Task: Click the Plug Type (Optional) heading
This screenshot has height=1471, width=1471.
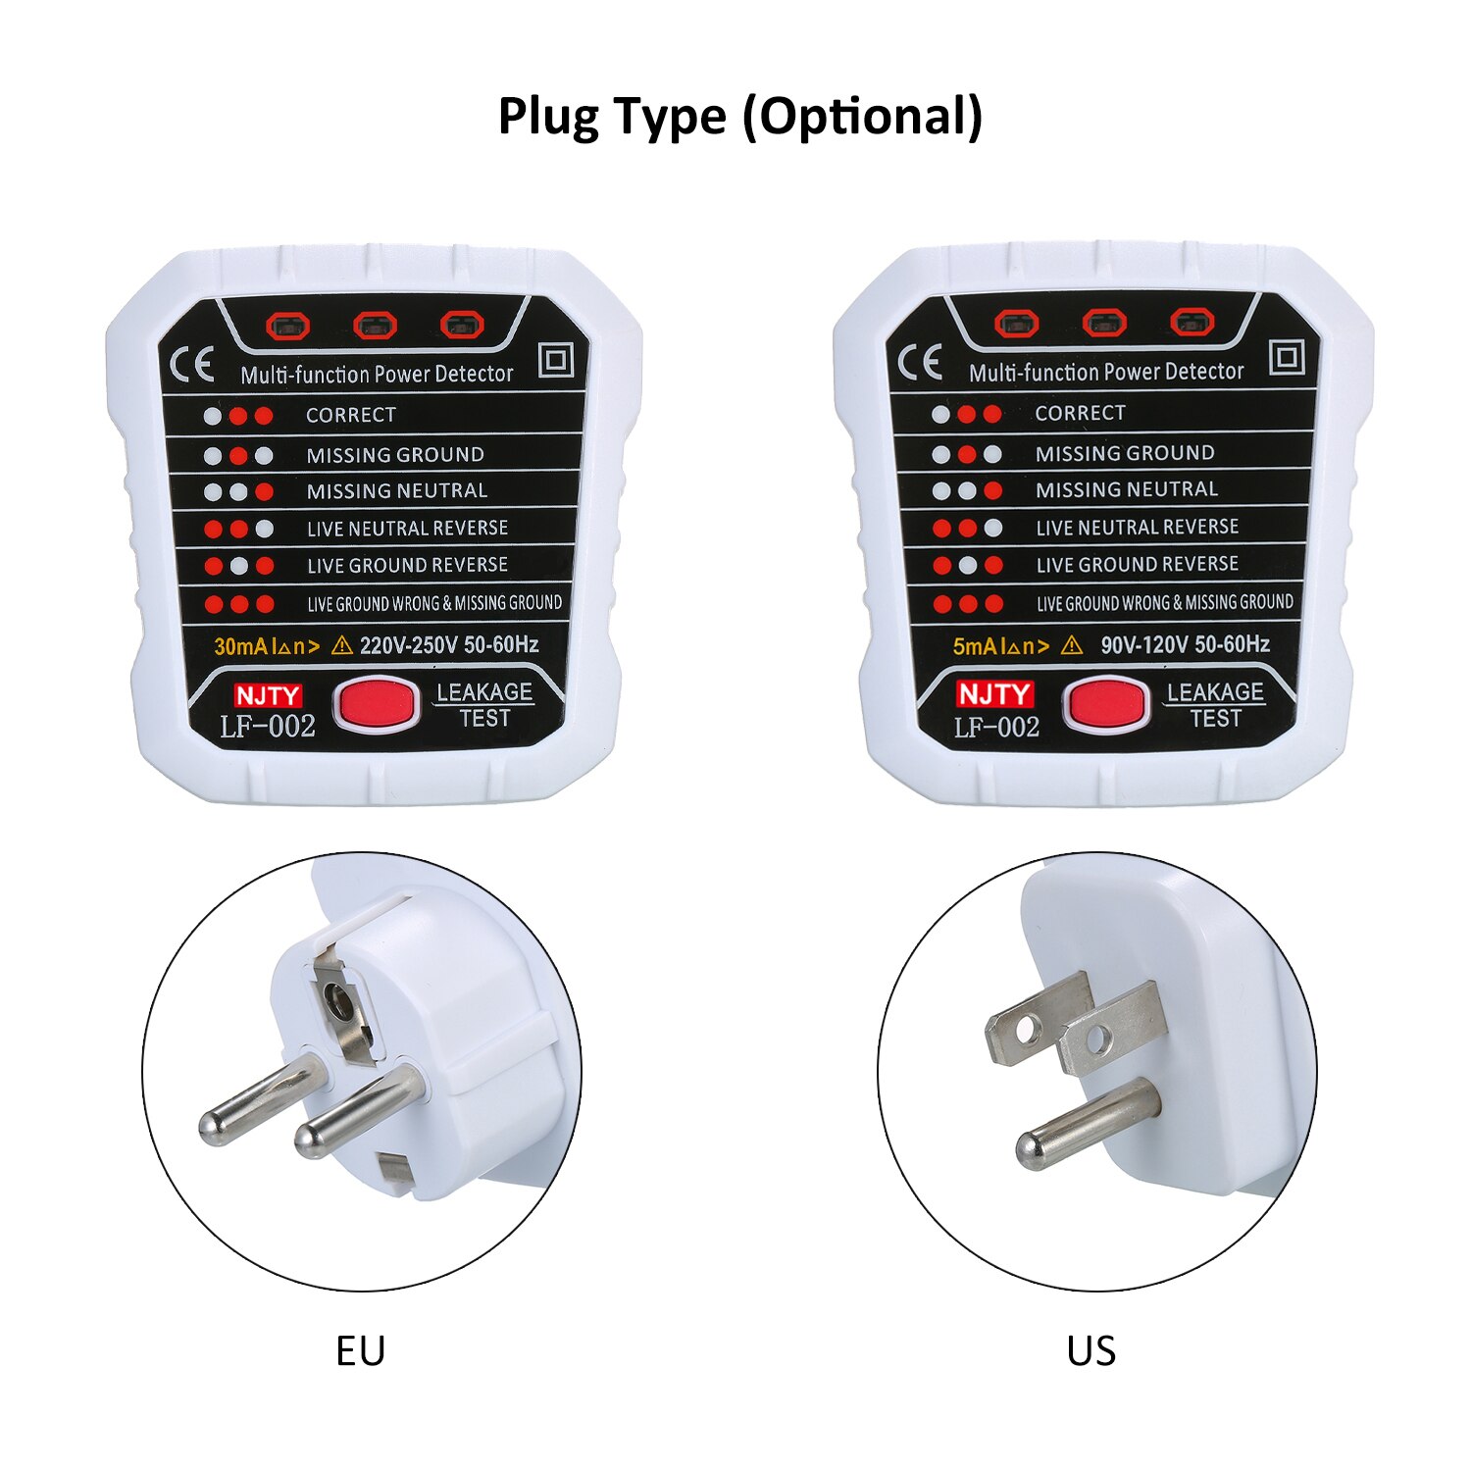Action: [739, 116]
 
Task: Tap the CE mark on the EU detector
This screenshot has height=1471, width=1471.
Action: [191, 366]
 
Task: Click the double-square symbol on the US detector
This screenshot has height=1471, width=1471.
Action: [1287, 357]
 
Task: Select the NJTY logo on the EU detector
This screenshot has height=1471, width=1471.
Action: [267, 696]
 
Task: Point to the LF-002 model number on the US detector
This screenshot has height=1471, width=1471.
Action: [996, 727]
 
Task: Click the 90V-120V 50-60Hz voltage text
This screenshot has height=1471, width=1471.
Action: [1185, 644]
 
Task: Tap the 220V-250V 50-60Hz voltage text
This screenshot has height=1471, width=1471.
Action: [449, 645]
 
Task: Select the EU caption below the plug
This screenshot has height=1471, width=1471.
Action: [360, 1350]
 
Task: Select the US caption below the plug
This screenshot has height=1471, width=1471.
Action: [1091, 1350]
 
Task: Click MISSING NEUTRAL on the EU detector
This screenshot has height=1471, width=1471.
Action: [396, 491]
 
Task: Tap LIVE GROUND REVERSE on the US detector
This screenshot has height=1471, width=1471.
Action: [1137, 565]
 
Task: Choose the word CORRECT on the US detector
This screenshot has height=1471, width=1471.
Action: [1080, 413]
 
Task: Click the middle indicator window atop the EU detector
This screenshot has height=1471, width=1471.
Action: [375, 325]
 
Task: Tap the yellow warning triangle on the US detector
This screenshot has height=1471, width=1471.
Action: [1072, 645]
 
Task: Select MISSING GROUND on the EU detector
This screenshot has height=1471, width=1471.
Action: [395, 455]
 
